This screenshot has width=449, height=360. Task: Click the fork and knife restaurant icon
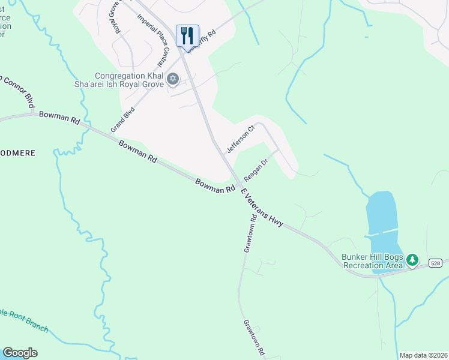(187, 35)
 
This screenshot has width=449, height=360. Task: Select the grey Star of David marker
(173, 78)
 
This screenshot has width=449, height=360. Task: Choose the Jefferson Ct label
(241, 137)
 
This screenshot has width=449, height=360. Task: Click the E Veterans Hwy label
(262, 207)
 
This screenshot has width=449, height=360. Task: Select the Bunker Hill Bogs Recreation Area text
(372, 261)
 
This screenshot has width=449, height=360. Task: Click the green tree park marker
(412, 260)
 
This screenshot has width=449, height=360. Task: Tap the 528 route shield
(436, 263)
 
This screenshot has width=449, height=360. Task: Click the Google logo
(20, 353)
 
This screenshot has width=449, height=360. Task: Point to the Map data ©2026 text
(423, 355)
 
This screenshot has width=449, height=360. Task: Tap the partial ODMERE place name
(17, 154)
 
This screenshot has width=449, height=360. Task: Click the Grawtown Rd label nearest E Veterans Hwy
(249, 234)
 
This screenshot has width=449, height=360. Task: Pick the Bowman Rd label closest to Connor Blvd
(59, 117)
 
